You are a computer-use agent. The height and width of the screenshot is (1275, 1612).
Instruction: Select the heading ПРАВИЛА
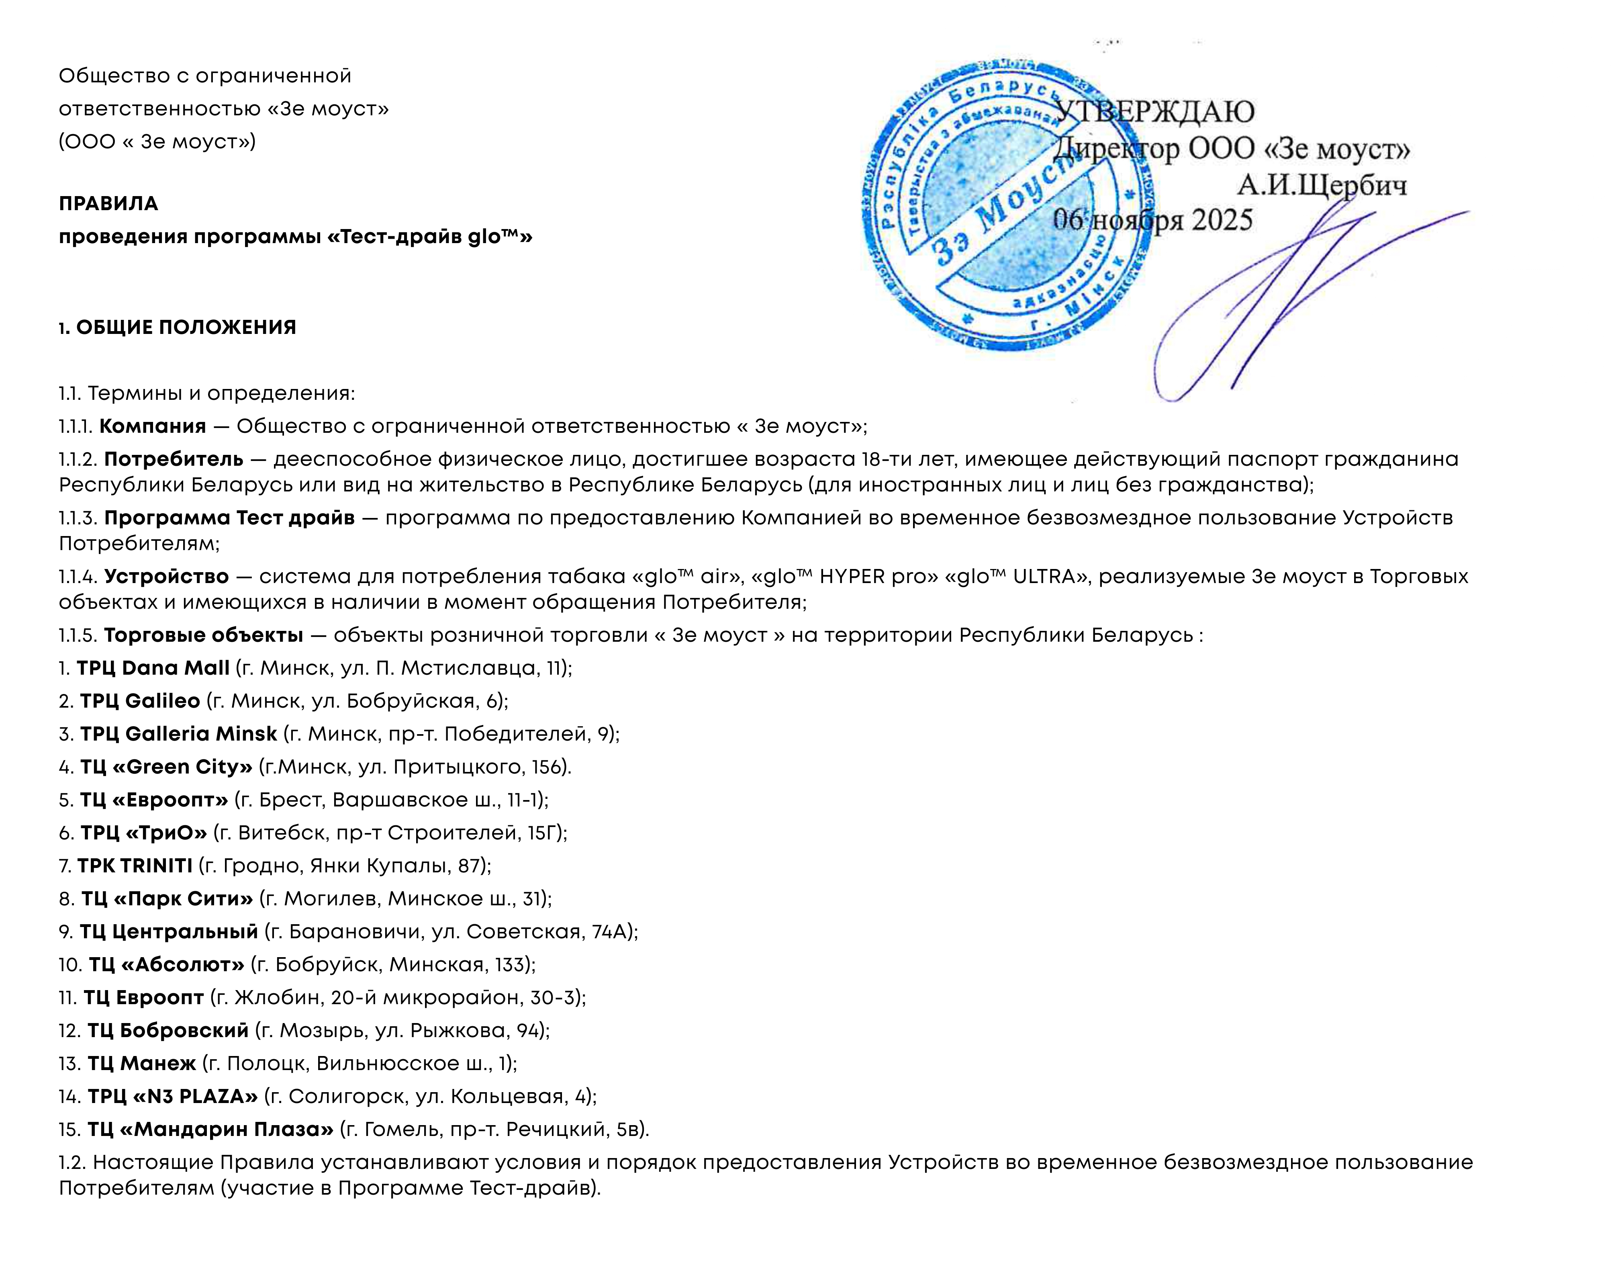tap(108, 204)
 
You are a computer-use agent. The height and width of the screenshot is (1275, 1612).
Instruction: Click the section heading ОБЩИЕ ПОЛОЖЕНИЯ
tap(186, 328)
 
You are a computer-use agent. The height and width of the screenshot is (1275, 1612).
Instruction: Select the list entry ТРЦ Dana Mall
tap(153, 668)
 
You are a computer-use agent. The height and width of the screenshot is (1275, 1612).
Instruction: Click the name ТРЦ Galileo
tap(140, 701)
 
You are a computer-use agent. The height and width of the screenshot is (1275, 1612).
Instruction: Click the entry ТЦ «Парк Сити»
tap(167, 899)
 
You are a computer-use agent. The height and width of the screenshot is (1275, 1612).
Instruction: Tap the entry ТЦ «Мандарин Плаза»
tap(210, 1130)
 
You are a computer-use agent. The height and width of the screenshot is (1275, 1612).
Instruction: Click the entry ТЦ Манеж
tap(142, 1064)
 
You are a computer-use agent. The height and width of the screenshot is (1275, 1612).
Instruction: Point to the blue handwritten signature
tap(1269, 299)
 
